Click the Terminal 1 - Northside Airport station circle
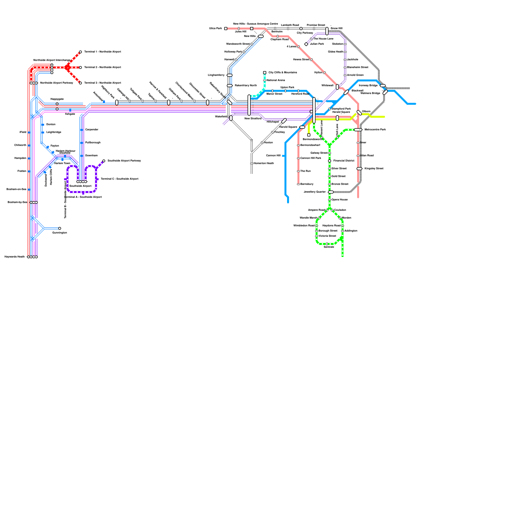click(x=80, y=52)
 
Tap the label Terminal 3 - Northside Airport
click(x=103, y=83)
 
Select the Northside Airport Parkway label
click(x=56, y=83)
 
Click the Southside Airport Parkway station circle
click(x=104, y=161)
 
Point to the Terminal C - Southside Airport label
click(x=119, y=179)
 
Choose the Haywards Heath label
click(x=15, y=257)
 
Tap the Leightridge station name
click(x=54, y=132)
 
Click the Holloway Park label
click(x=233, y=52)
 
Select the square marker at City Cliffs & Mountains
click(x=265, y=73)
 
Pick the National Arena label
click(x=276, y=80)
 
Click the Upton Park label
click(x=287, y=88)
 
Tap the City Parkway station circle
click(x=301, y=29)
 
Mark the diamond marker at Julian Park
click(x=306, y=44)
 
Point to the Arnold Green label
click(x=355, y=75)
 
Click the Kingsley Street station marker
click(x=359, y=169)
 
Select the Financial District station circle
click(x=330, y=161)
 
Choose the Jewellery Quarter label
click(x=314, y=192)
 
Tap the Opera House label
click(x=339, y=200)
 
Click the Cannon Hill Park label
click(x=310, y=158)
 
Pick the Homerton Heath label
click(x=263, y=163)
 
